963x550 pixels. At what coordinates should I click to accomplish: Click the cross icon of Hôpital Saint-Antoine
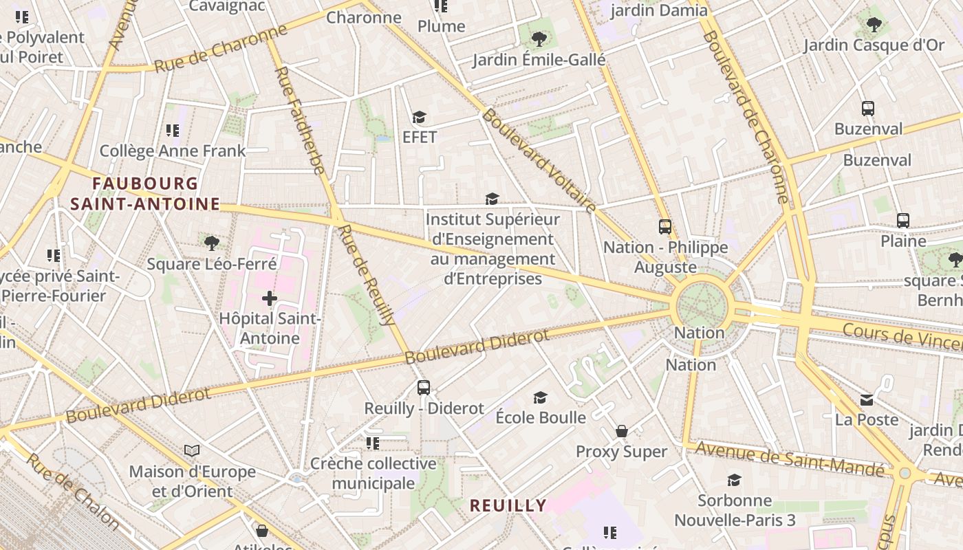point(270,298)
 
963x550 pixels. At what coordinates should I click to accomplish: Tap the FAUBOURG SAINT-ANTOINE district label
point(145,194)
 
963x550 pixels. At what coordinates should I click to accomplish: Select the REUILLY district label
point(508,506)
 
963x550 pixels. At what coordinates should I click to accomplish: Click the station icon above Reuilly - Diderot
point(424,388)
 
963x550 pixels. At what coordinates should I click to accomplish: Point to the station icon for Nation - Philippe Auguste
point(664,227)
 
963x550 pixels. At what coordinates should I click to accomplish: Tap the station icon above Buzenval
point(868,109)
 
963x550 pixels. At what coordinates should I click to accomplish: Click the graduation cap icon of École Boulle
point(541,397)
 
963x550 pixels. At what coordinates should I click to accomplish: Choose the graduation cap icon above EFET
point(419,118)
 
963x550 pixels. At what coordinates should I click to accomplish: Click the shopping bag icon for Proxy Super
point(622,431)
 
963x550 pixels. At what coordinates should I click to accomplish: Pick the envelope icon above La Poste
point(867,399)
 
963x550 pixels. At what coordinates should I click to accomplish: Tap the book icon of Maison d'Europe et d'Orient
point(192,451)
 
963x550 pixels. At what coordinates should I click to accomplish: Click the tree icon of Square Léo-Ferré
point(212,243)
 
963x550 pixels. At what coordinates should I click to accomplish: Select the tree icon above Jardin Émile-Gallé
point(539,39)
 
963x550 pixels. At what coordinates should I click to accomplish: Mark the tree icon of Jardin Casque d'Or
point(874,25)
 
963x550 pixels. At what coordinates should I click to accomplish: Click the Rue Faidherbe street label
point(300,120)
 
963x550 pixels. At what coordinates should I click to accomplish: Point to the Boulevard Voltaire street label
point(539,160)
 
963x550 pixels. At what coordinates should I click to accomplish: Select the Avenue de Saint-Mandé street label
point(790,459)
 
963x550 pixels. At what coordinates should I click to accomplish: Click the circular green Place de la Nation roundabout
point(702,305)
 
